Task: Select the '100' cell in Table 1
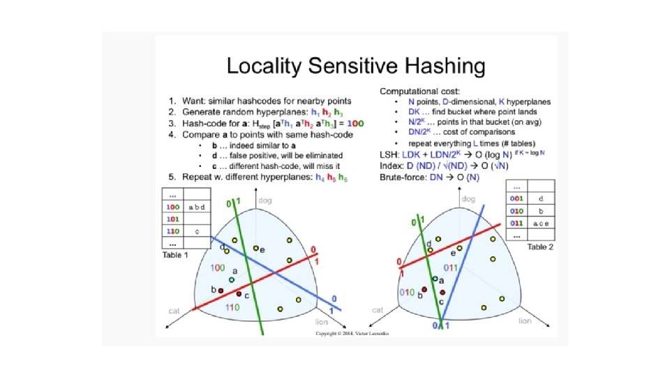click(x=172, y=207)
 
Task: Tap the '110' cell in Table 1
click(x=172, y=230)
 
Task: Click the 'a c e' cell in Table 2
click(x=540, y=223)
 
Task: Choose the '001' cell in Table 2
click(x=516, y=198)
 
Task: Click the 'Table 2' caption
click(x=540, y=247)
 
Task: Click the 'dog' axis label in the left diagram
click(x=265, y=201)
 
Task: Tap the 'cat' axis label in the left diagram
click(x=174, y=309)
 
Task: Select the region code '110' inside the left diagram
click(x=232, y=307)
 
